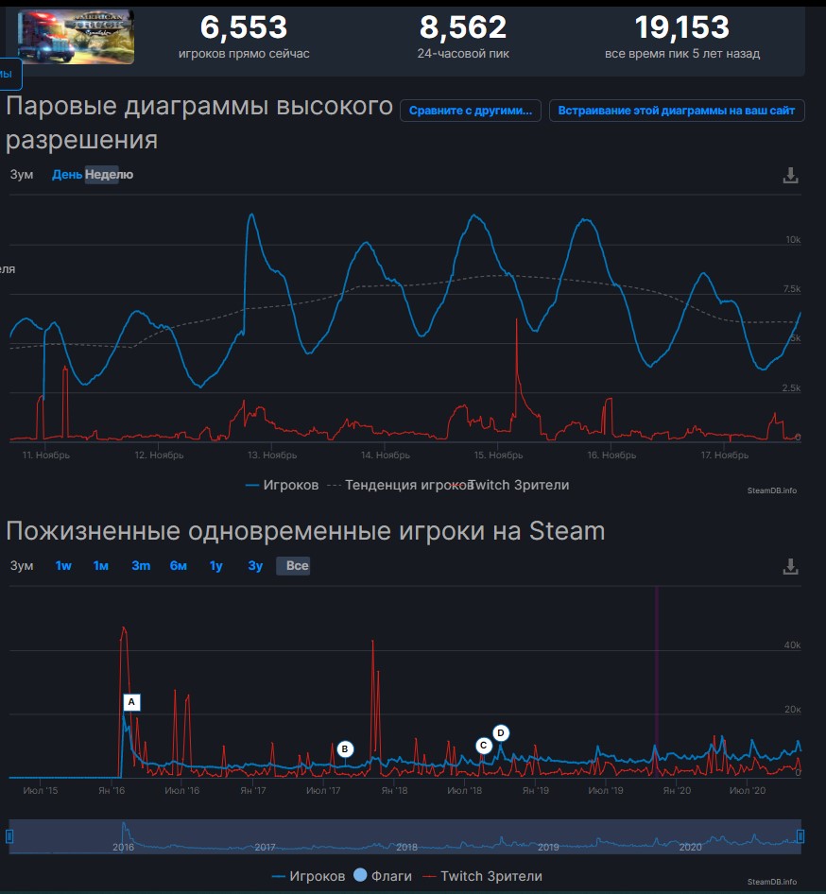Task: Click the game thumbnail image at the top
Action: point(76,37)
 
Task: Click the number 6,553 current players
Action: point(243,27)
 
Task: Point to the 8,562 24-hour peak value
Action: point(463,27)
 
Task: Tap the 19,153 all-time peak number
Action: point(681,27)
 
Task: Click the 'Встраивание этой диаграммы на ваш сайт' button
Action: point(677,111)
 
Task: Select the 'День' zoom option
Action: point(67,175)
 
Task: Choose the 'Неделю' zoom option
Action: point(110,175)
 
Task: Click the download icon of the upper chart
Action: point(791,176)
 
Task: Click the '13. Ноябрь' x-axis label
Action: point(272,456)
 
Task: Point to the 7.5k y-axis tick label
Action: point(792,289)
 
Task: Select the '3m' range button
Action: point(141,566)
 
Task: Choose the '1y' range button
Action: point(216,566)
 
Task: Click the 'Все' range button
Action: point(297,566)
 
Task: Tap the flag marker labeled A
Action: point(132,702)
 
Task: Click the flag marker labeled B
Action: point(345,748)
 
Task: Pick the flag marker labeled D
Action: point(501,732)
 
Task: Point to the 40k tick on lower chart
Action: point(791,645)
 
